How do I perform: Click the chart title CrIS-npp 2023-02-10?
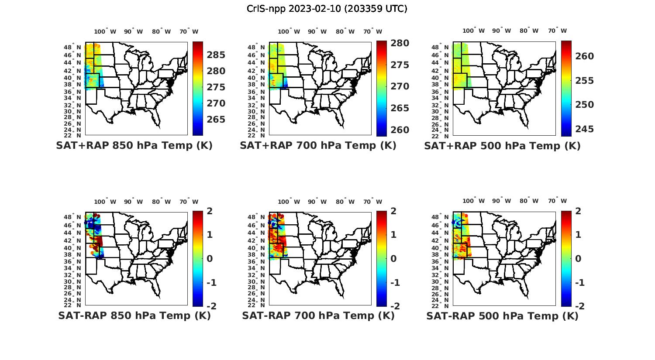[327, 9]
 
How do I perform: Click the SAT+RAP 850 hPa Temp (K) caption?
[134, 146]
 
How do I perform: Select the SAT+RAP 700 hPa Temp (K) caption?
[318, 146]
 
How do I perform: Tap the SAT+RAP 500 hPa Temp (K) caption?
[502, 146]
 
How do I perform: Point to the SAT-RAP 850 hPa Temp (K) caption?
[134, 316]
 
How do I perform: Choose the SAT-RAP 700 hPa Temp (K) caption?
[318, 316]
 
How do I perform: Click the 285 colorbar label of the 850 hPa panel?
[216, 55]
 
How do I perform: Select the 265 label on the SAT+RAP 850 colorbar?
[216, 120]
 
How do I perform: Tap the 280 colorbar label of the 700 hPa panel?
[400, 43]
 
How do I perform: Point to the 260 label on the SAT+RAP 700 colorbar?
[400, 130]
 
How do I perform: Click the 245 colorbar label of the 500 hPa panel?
[584, 129]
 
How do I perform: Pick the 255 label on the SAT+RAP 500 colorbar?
[584, 81]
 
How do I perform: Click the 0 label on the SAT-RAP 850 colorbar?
[210, 259]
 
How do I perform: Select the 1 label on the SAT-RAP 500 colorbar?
[578, 235]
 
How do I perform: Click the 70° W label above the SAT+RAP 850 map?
[189, 31]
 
